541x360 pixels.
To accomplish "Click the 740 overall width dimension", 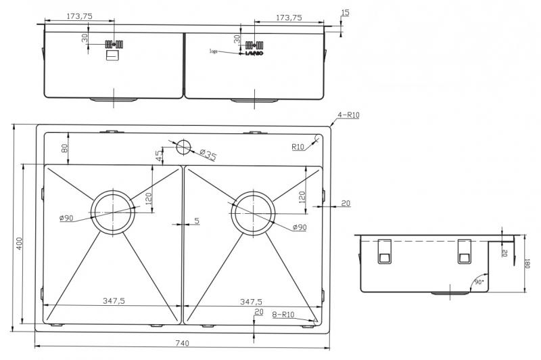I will [x=182, y=344].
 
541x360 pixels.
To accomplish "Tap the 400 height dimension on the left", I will [x=20, y=244].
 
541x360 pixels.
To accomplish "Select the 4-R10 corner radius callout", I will [x=348, y=115].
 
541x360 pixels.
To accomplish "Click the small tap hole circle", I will [x=183, y=145].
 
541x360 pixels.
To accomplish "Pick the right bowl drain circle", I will [x=253, y=212].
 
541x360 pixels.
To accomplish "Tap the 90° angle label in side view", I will [x=479, y=280].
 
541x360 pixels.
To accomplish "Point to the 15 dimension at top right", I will [x=346, y=13].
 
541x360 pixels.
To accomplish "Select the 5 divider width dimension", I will [x=196, y=221].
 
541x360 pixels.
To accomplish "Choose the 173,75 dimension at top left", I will [x=80, y=18].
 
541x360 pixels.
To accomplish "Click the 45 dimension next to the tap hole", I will [x=159, y=154].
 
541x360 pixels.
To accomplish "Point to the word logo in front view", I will [x=215, y=51].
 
